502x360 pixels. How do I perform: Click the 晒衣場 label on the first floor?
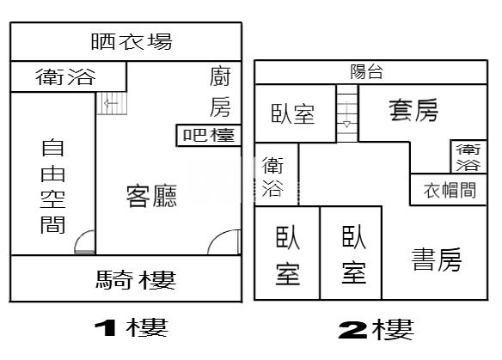click(x=132, y=41)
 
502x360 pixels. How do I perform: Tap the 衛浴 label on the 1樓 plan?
click(x=65, y=76)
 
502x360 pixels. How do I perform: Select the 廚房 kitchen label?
click(x=220, y=93)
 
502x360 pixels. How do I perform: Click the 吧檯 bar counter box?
click(x=208, y=136)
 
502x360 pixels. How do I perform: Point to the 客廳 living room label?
click(x=151, y=196)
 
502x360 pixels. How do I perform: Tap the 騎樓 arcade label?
click(x=136, y=280)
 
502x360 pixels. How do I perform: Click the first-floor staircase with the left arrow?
click(x=112, y=103)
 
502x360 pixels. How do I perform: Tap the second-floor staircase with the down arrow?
click(x=347, y=113)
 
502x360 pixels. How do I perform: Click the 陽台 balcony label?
click(x=366, y=71)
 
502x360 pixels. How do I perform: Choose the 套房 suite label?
click(x=413, y=110)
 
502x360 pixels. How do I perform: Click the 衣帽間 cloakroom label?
click(x=450, y=190)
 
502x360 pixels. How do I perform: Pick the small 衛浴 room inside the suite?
click(x=468, y=156)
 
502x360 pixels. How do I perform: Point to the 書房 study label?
click(x=437, y=259)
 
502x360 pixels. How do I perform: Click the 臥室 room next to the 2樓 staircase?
click(x=295, y=113)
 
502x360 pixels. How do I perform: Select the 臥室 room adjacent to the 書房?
click(x=351, y=253)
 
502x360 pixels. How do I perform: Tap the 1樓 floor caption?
click(x=132, y=327)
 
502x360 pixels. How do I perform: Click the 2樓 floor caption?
click(x=376, y=329)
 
